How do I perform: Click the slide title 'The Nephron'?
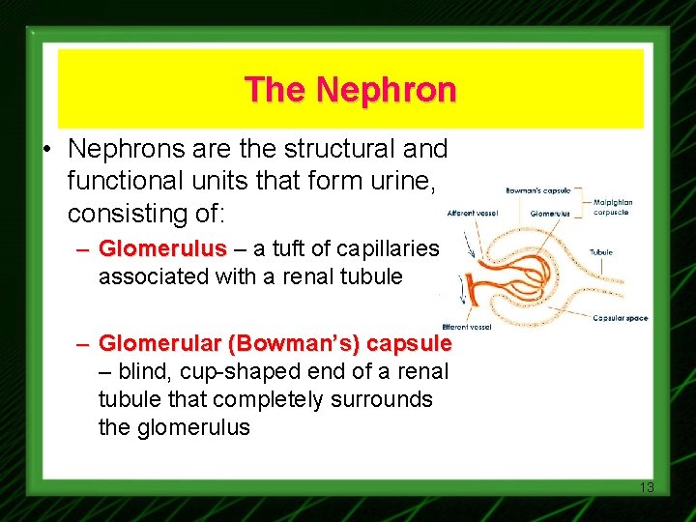[350, 90]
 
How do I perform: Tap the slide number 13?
[647, 487]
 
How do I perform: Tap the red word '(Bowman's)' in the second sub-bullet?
[279, 343]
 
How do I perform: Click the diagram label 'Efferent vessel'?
[466, 327]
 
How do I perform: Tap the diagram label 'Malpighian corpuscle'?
[613, 207]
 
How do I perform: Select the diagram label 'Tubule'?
[600, 252]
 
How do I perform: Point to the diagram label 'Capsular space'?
[621, 318]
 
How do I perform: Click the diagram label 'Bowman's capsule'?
[536, 191]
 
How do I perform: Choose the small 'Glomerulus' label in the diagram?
[550, 213]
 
